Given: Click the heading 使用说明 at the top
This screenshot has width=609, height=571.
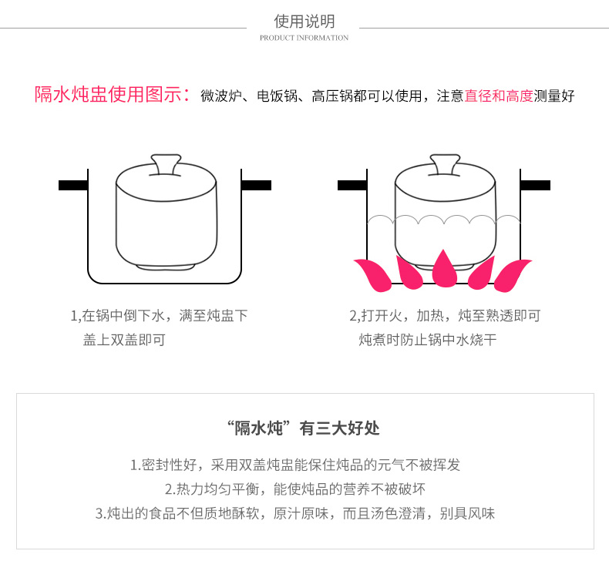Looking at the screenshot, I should pyautogui.click(x=304, y=21).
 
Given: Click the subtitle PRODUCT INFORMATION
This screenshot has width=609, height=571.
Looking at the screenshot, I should pyautogui.click(x=304, y=38).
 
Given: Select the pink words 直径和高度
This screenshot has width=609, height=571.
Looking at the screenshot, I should pyautogui.click(x=499, y=96).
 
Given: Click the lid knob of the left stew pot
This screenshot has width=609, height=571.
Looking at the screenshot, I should pyautogui.click(x=167, y=163).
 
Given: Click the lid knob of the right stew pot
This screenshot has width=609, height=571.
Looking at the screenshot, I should pyautogui.click(x=446, y=163).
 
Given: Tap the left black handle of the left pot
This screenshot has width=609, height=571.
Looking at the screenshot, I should pyautogui.click(x=72, y=185).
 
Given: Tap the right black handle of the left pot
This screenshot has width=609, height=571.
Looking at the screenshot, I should pyautogui.click(x=257, y=185).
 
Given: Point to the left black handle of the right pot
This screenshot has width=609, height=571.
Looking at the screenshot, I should pyautogui.click(x=352, y=185).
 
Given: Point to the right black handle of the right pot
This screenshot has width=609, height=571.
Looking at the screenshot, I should pyautogui.click(x=536, y=185).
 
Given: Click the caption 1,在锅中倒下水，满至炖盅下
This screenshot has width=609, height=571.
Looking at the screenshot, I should pyautogui.click(x=160, y=315).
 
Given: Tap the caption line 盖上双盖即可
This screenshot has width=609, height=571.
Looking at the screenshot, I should pyautogui.click(x=124, y=340).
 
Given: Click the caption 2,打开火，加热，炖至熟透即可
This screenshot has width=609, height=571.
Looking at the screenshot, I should pyautogui.click(x=445, y=315).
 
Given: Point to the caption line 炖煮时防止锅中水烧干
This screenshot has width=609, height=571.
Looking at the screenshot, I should pyautogui.click(x=428, y=340).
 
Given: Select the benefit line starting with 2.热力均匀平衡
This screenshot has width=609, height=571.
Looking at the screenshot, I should pyautogui.click(x=295, y=489).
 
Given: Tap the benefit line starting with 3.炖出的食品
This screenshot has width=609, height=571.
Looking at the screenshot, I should pyautogui.click(x=295, y=513).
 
